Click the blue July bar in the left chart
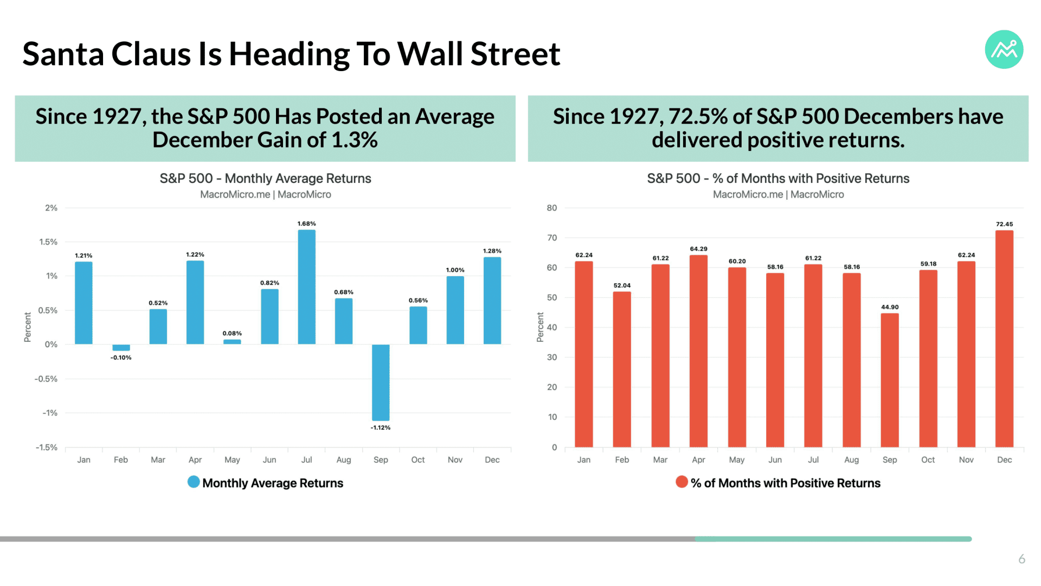coord(306,287)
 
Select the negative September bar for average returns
coord(381,383)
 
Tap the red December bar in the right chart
coord(1004,339)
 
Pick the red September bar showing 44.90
coord(890,380)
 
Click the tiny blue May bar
coord(232,342)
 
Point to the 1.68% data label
coord(306,224)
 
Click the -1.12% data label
coord(381,428)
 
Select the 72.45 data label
coord(1004,224)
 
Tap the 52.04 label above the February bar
coord(622,285)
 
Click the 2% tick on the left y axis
coord(51,208)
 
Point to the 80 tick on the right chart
coord(552,208)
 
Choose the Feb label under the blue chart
coord(121,460)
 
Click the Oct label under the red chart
coord(928,460)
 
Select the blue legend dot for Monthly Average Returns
coord(194,482)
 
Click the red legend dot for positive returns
coord(682,482)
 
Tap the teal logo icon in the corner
coord(1004,49)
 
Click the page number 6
coord(1021,559)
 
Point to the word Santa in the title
coord(63,54)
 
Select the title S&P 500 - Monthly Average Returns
coord(265,179)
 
